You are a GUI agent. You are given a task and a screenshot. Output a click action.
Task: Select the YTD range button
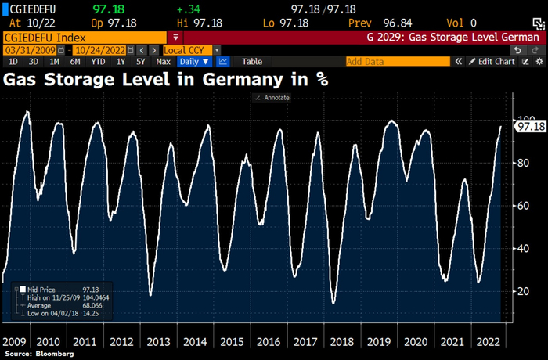(x=98, y=61)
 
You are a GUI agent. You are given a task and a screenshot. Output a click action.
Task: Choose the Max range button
(x=163, y=61)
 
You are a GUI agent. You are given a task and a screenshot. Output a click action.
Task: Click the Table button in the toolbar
(x=252, y=61)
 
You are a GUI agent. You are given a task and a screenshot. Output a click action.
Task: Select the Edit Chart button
(x=496, y=61)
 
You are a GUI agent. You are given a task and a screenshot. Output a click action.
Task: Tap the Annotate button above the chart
(x=273, y=98)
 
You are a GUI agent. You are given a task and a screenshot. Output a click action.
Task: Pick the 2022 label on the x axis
(x=488, y=342)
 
